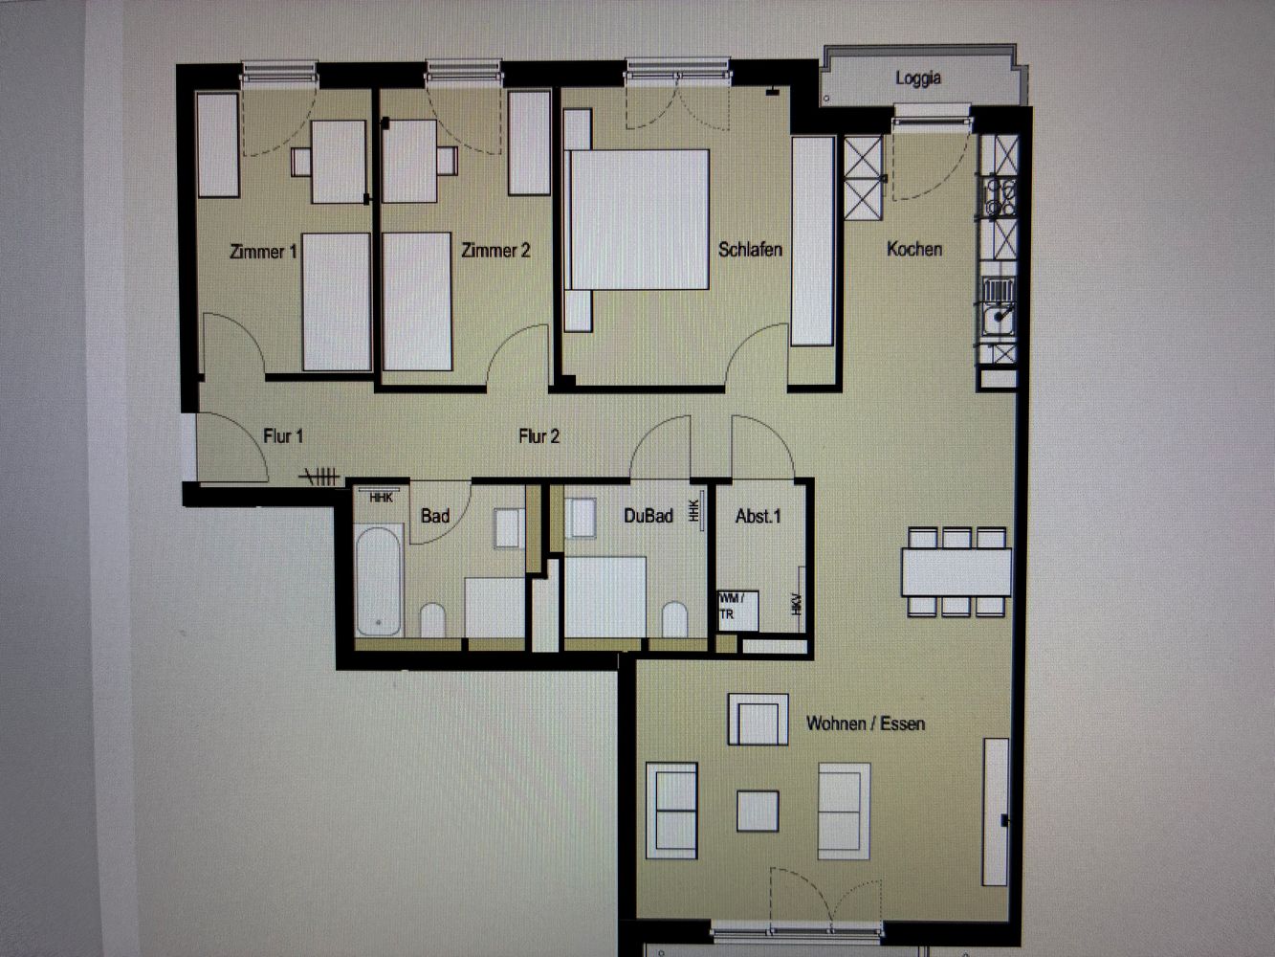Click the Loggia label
tap(918, 78)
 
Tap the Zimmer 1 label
tap(263, 252)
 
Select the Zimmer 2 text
tap(495, 251)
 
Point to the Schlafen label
tap(750, 250)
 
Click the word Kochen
tap(914, 249)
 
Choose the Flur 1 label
tap(283, 435)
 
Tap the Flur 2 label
tap(539, 435)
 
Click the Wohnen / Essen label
tap(866, 723)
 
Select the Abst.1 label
tap(758, 516)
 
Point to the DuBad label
tap(648, 516)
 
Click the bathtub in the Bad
tap(379, 581)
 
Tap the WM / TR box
tap(738, 612)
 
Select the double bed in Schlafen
tap(639, 220)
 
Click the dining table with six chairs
tap(956, 571)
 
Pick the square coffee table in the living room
tap(758, 811)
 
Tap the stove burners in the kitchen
tap(1000, 197)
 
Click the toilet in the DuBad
tap(674, 619)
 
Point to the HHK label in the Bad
tap(381, 499)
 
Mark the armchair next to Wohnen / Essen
tap(758, 720)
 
